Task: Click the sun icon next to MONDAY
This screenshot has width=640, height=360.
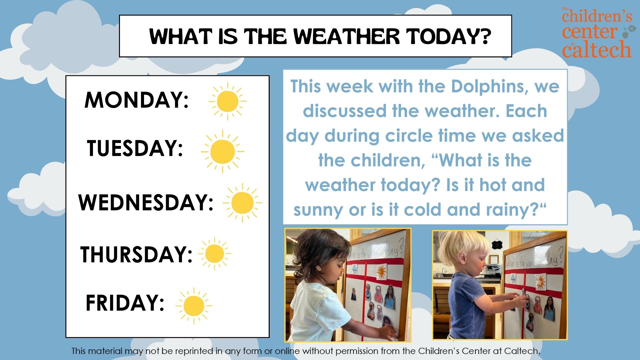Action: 227,101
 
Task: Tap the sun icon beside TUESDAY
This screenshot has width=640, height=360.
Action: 222,151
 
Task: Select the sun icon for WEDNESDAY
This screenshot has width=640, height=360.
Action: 242,203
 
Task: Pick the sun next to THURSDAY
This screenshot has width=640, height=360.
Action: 214,254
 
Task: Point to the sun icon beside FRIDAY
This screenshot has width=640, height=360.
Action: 194,306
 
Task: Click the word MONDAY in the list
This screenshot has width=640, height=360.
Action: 137,100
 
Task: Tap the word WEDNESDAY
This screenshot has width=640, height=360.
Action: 146,202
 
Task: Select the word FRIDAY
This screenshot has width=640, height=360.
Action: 125,303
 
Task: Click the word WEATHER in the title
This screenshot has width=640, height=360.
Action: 346,36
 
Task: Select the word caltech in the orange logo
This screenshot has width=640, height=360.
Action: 597,50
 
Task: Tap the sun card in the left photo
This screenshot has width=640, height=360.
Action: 381,272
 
